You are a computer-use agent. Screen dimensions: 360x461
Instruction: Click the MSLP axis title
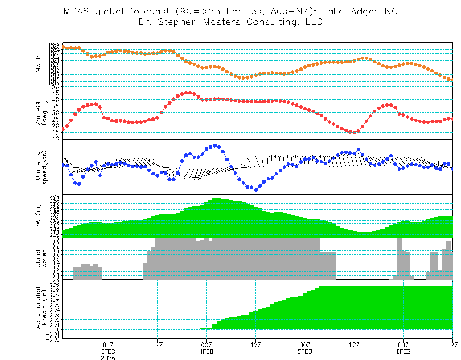(38, 63)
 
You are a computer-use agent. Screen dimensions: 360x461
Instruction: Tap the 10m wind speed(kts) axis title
(41, 167)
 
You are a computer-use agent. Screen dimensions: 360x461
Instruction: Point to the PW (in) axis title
(38, 216)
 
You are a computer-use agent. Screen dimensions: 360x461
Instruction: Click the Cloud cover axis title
(41, 259)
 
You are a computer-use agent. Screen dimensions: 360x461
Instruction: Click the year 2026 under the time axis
(108, 358)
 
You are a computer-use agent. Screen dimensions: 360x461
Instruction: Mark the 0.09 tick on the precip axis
(54, 284)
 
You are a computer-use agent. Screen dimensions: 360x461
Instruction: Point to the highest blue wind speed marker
(215, 146)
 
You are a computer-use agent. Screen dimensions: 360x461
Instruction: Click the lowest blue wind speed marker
(256, 189)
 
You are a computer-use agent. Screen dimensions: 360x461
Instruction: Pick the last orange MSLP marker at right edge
(452, 80)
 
